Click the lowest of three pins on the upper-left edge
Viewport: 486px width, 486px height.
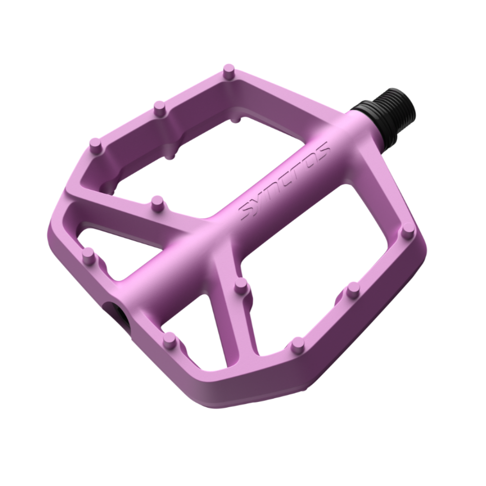coord(96,146)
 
